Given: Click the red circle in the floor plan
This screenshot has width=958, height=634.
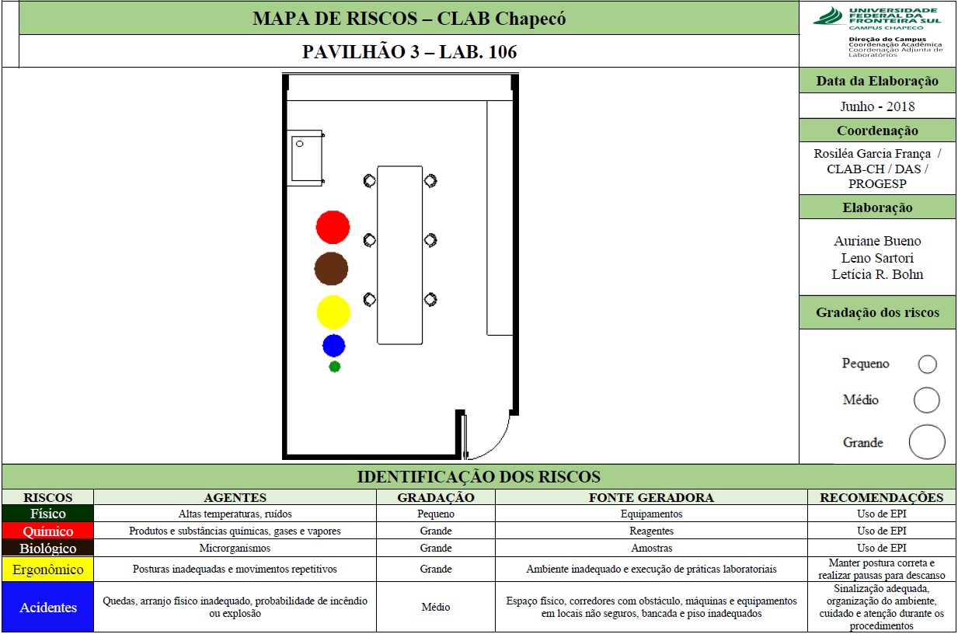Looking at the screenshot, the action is coord(333,227).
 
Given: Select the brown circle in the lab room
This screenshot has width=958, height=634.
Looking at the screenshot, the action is coord(331,269).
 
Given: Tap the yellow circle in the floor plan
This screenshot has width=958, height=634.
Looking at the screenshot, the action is coord(333,312).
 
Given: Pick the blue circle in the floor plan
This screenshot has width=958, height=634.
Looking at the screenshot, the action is coord(333,346).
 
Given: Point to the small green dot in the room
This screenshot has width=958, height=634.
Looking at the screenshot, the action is coord(334,367).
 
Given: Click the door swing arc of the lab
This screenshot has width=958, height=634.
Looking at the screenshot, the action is coord(497,445).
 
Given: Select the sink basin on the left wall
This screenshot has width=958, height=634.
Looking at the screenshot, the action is coord(306,158).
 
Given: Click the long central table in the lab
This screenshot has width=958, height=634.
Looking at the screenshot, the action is coord(400,255).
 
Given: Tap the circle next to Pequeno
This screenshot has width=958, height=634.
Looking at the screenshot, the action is coord(927,364).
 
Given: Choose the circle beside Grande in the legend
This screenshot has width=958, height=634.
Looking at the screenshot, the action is coord(927,442).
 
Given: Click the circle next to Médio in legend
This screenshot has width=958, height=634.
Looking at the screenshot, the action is coord(926,400).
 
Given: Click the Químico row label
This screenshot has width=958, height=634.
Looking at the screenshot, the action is coord(48,531).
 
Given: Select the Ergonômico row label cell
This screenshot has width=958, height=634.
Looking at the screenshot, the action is coord(48,570).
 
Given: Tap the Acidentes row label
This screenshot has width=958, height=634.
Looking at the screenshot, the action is coord(48,607).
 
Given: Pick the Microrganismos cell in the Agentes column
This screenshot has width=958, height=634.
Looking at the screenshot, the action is coord(235,548).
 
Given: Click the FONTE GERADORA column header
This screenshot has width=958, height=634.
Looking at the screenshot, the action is coord(651,497).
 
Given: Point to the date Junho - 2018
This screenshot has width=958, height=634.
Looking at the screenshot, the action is coord(877,106).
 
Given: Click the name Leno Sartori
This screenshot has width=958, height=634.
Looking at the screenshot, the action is coord(877,258).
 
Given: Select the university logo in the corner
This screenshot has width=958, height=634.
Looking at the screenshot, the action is coord(876,18).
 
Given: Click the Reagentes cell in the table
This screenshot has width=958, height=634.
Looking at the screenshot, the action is coord(651,531).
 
